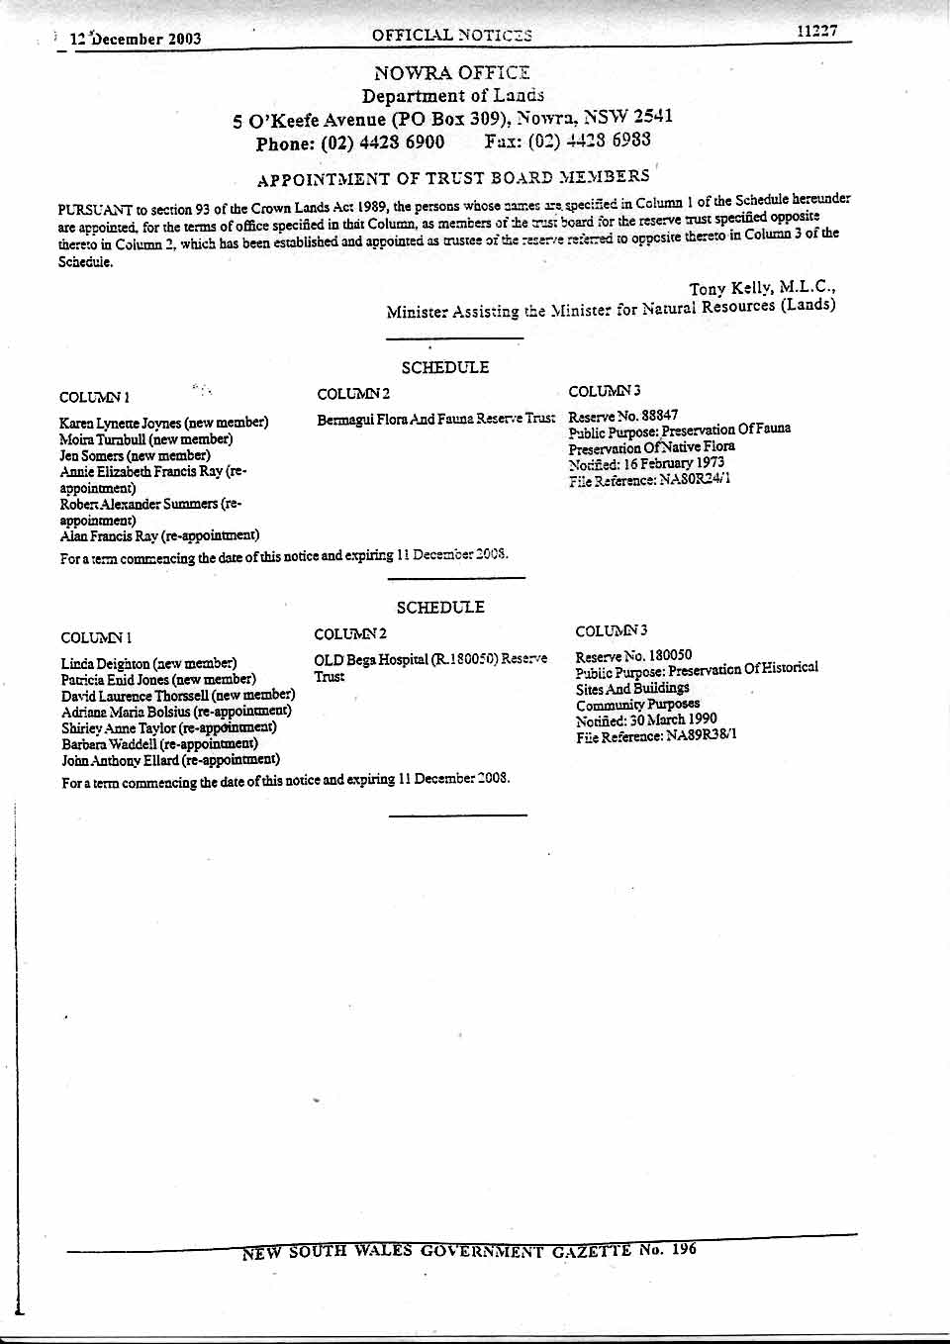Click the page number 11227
816,32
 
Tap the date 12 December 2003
136,40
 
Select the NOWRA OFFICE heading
451,73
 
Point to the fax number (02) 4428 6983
589,141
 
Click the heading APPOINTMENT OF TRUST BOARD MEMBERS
452,178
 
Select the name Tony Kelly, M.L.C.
762,288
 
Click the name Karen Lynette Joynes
121,423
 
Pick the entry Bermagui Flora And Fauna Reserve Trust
435,420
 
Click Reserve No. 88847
623,416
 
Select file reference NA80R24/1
695,480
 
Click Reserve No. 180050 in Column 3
633,655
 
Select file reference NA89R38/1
701,735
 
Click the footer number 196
684,1249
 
